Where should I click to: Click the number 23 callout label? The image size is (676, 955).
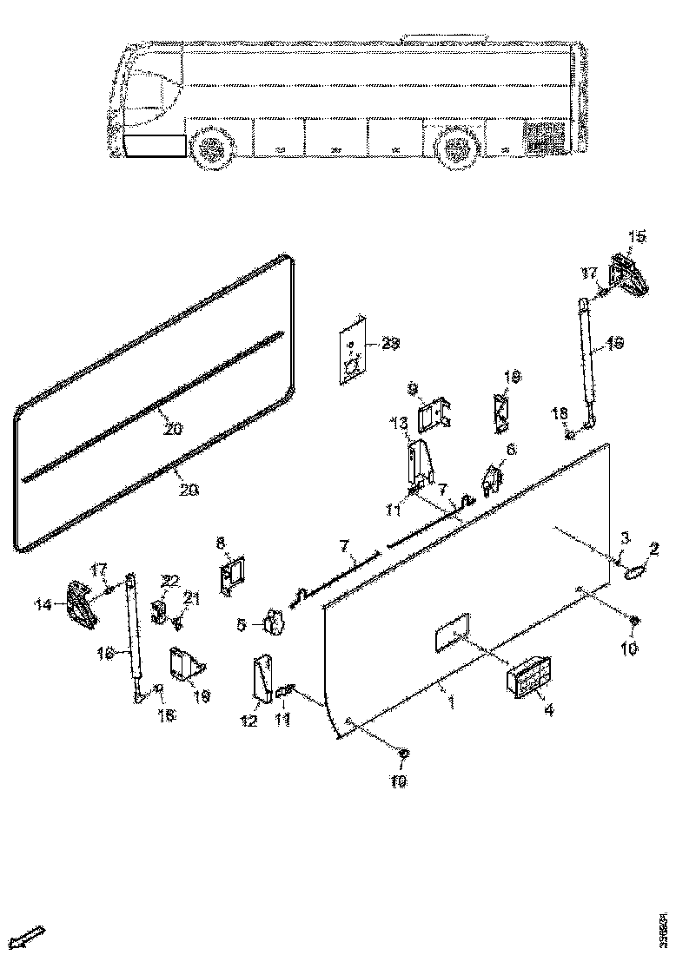click(x=391, y=345)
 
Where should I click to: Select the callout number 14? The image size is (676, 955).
click(x=43, y=606)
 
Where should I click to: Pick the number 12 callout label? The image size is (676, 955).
click(x=249, y=721)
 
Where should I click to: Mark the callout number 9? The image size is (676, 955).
click(x=413, y=387)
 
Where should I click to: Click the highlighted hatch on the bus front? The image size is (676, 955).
click(x=155, y=145)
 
